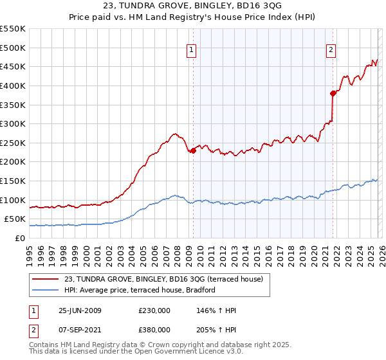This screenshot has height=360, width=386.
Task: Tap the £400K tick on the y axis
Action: [12, 85]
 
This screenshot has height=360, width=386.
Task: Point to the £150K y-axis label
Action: [12, 181]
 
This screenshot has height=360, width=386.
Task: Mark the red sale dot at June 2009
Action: [193, 150]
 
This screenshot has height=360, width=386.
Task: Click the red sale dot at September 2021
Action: [333, 93]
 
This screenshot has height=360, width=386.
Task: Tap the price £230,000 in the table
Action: [154, 310]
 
